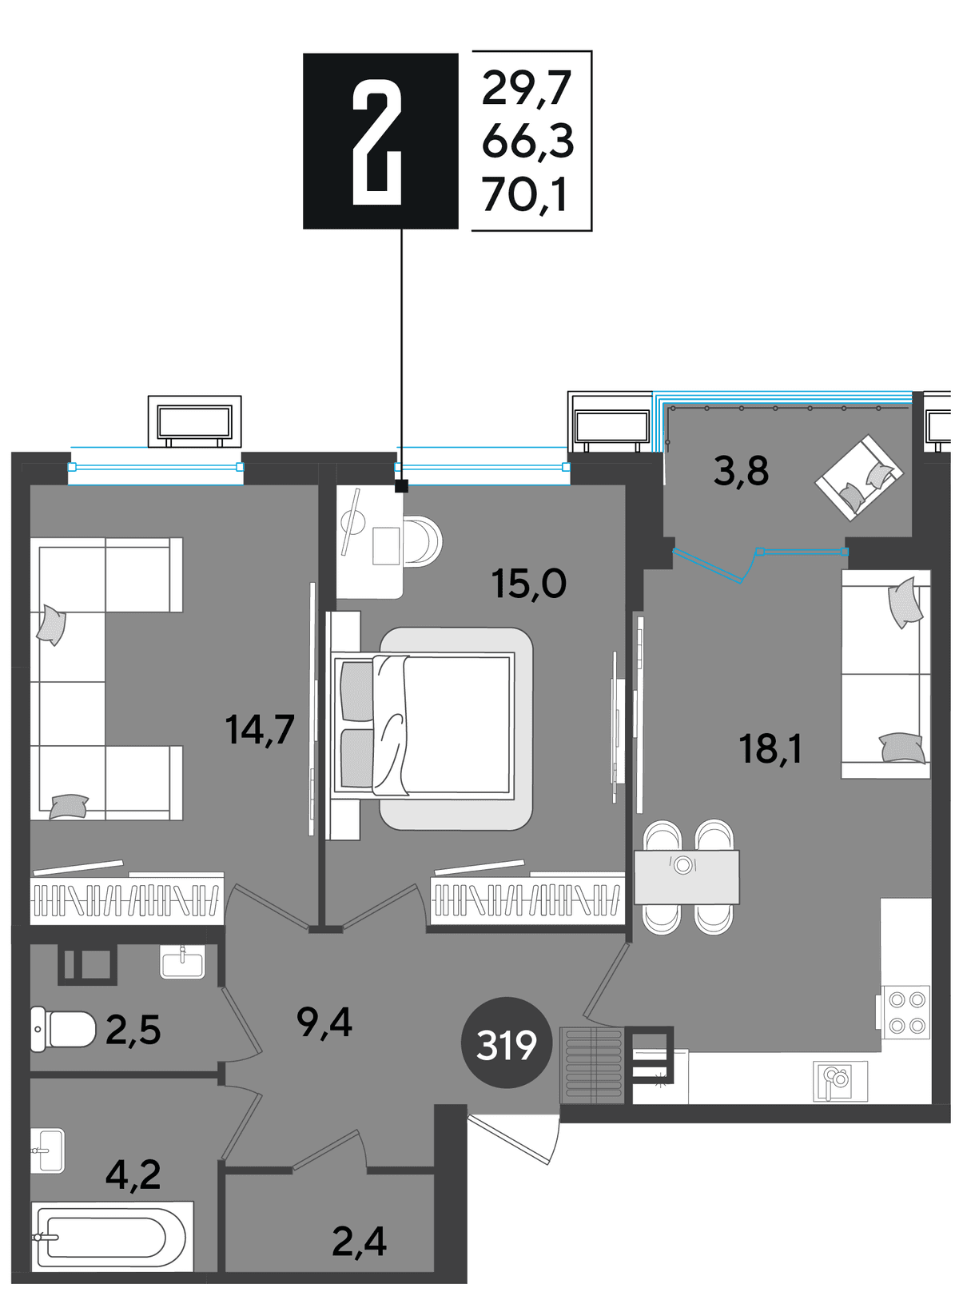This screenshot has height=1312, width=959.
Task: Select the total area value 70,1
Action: point(524,196)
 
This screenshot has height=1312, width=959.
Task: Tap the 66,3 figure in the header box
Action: point(527,142)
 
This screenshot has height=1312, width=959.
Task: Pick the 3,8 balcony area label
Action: point(741,472)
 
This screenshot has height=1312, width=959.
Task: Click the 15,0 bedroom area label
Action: point(529,584)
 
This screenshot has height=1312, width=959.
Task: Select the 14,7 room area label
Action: point(260,731)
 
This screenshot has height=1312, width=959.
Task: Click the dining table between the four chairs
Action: point(686,876)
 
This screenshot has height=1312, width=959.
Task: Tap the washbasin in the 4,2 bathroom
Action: point(47,1151)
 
